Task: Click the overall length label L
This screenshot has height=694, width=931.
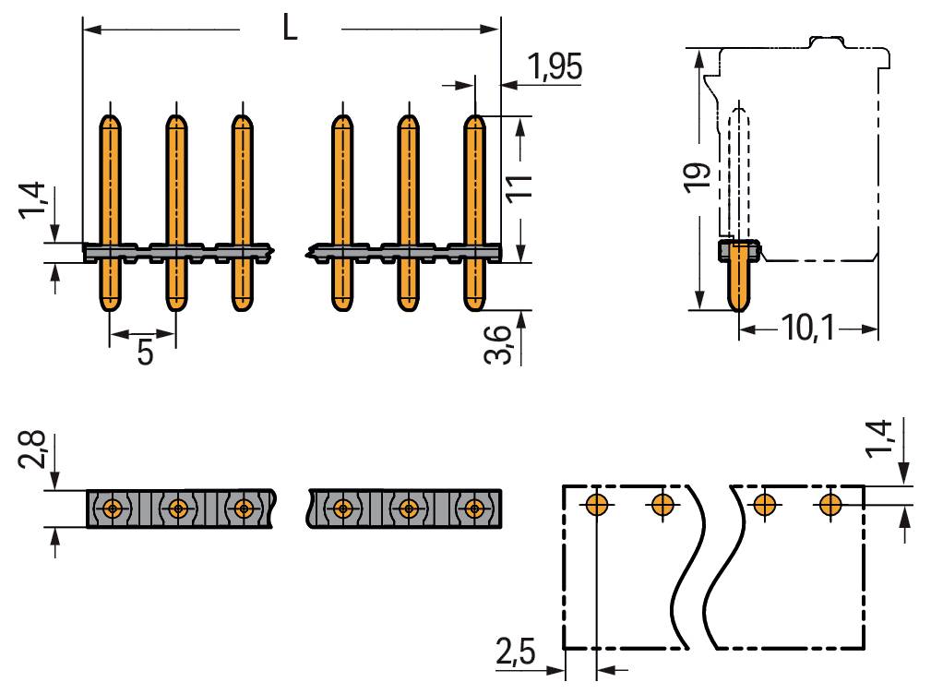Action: (290, 28)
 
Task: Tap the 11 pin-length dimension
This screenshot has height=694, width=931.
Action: (519, 187)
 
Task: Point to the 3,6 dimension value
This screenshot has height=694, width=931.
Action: (497, 344)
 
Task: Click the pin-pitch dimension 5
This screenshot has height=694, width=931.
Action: (145, 352)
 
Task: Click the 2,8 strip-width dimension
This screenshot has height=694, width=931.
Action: (30, 449)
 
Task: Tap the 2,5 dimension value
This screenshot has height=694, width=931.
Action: (516, 652)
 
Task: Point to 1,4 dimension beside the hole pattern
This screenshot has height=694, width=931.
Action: (878, 438)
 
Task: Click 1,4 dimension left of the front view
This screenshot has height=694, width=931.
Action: (31, 200)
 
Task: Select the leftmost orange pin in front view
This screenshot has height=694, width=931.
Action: (110, 213)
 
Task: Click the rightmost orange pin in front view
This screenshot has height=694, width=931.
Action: (474, 213)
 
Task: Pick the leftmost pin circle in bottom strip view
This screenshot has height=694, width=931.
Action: (112, 509)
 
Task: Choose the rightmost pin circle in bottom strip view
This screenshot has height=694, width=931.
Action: (474, 509)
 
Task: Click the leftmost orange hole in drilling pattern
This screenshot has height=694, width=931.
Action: (596, 505)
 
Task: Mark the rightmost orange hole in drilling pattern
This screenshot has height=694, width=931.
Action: (830, 505)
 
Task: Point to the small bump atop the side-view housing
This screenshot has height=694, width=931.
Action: (827, 41)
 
